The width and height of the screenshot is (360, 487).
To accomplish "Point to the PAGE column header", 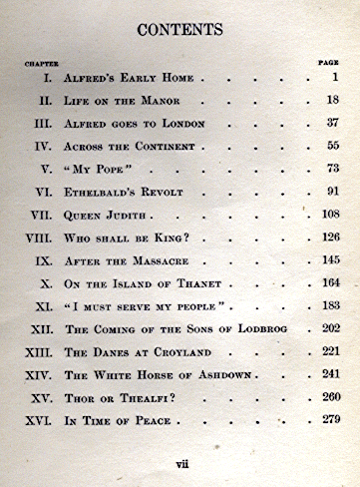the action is click(x=328, y=63).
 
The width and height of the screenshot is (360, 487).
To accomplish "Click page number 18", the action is click(x=332, y=100).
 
